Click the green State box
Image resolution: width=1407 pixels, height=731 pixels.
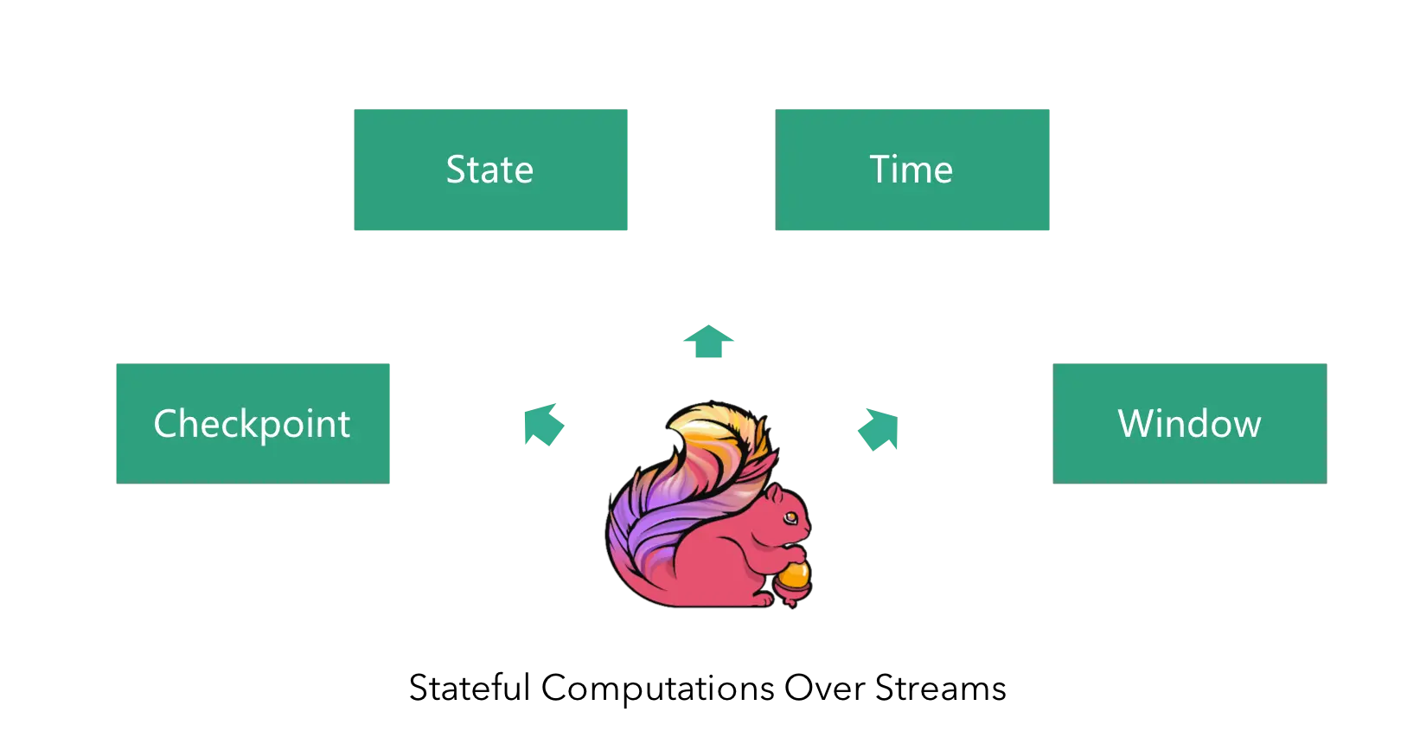490,170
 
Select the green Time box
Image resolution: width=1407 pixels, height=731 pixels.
912,170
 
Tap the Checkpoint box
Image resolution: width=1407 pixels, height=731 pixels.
253,422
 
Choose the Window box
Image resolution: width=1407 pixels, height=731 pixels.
1189,422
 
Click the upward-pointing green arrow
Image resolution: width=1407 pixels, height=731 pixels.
709,340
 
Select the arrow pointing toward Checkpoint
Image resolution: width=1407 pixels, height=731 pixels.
542,425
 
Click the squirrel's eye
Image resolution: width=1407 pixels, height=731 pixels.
790,517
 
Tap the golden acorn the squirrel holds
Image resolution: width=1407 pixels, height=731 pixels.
793,577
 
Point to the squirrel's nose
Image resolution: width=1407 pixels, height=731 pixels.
808,525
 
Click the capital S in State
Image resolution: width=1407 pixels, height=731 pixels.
456,170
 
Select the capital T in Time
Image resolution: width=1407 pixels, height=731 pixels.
880,170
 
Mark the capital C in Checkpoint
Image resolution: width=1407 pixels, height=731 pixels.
165,423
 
